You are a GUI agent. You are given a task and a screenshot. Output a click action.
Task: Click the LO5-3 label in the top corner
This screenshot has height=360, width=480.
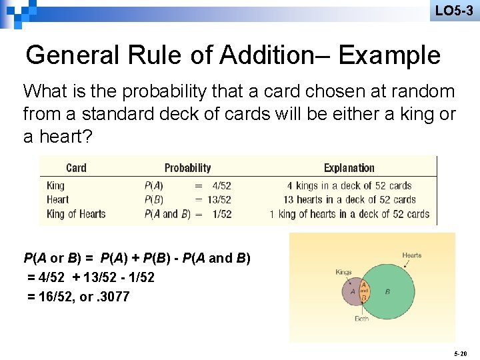pyautogui.click(x=453, y=11)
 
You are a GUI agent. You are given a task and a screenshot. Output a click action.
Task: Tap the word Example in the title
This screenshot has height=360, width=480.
pyautogui.click(x=389, y=55)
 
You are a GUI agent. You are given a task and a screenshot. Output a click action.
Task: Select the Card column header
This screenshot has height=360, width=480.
pyautogui.click(x=76, y=168)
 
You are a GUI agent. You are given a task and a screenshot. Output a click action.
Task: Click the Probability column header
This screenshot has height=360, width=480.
pyautogui.click(x=187, y=168)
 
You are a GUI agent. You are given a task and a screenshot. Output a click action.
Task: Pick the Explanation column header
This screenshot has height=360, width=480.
pyautogui.click(x=349, y=168)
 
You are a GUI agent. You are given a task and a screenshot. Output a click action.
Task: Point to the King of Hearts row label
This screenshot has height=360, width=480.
pyautogui.click(x=76, y=214)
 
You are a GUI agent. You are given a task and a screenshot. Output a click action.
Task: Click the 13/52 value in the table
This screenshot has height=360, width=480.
pyautogui.click(x=219, y=199)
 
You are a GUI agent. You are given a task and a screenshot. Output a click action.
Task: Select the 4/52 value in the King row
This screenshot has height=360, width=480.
pyautogui.click(x=221, y=185)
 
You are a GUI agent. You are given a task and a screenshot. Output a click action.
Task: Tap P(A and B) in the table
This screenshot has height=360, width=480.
pyautogui.click(x=167, y=214)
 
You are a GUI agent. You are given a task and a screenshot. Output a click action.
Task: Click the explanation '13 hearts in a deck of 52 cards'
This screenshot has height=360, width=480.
pyautogui.click(x=349, y=199)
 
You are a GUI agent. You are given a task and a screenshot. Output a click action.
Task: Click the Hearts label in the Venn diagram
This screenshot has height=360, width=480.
pyautogui.click(x=411, y=255)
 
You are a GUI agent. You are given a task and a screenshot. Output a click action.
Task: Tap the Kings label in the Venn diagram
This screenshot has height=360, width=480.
pyautogui.click(x=343, y=271)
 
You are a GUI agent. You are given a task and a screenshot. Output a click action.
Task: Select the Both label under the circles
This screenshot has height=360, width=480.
pyautogui.click(x=362, y=319)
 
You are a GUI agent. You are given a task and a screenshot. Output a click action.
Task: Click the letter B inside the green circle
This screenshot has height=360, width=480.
pyautogui.click(x=387, y=291)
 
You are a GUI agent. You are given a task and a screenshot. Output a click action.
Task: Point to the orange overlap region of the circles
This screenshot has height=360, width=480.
pyautogui.click(x=364, y=291)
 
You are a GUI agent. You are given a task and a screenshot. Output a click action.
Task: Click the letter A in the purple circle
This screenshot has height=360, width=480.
pyautogui.click(x=352, y=291)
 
